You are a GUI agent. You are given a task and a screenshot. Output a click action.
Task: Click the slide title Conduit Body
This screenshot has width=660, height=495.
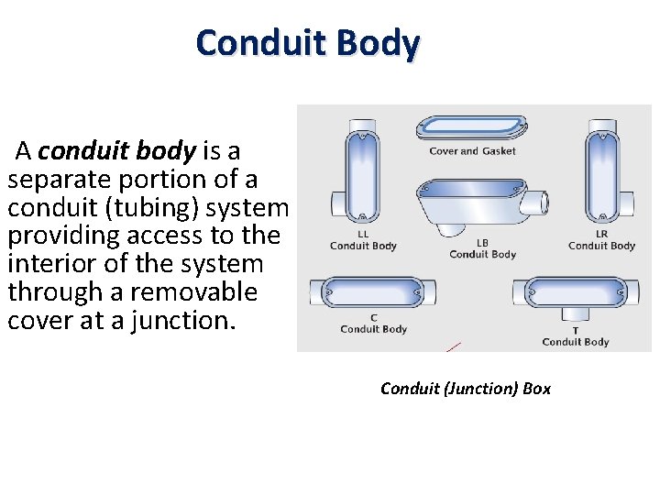click(307, 43)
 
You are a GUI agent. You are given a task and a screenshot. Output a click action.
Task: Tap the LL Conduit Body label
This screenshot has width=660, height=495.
click(363, 240)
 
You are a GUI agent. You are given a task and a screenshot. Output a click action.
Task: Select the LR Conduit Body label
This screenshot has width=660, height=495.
click(601, 240)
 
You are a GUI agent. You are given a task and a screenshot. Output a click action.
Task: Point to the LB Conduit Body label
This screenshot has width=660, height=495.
click(482, 248)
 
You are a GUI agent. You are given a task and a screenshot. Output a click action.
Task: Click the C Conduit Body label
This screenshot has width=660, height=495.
click(373, 324)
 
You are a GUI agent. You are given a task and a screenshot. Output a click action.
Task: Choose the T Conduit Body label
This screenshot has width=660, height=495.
click(575, 336)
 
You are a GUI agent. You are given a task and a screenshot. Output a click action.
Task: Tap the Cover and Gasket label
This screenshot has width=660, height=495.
click(472, 151)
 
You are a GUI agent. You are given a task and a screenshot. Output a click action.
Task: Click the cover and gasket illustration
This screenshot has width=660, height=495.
click(471, 126)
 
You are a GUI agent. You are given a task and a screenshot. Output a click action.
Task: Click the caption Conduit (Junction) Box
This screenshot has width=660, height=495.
click(466, 389)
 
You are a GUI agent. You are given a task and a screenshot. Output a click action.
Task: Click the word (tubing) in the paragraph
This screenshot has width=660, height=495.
click(162, 206)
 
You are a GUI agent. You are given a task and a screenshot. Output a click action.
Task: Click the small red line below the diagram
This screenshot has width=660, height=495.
click(453, 346)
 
